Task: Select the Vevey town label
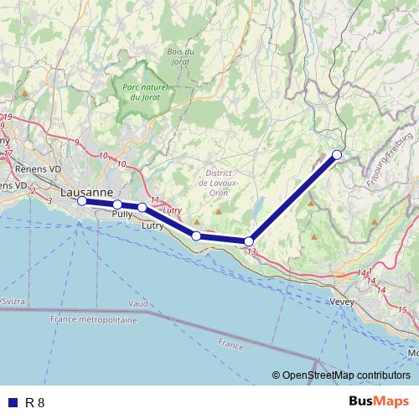(343, 302)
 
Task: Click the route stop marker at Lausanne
(81, 201)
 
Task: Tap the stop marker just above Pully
(118, 204)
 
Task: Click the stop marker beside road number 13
(249, 241)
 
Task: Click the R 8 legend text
(34, 402)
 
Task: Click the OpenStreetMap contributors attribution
(343, 375)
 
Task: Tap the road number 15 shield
(402, 310)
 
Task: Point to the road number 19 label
(8, 116)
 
